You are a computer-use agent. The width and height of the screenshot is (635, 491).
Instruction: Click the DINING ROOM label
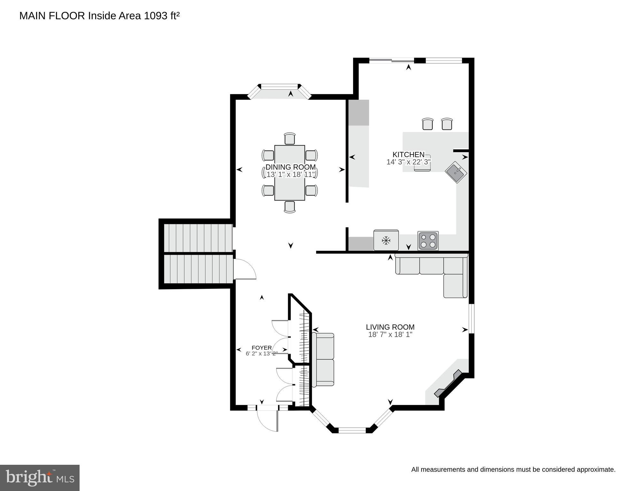(x=290, y=167)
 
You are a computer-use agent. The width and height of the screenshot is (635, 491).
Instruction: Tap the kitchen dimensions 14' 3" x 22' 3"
(x=408, y=162)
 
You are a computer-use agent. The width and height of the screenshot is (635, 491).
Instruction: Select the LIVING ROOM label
(x=390, y=327)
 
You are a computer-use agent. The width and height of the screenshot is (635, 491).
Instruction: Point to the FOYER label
(x=261, y=348)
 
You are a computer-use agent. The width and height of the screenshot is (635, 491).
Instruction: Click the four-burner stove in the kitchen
(x=428, y=241)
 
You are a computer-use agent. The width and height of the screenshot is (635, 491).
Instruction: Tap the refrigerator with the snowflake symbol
(x=386, y=240)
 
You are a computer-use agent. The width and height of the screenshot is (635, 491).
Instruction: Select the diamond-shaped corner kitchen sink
(x=456, y=172)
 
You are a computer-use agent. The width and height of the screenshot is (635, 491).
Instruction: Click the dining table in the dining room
(x=290, y=173)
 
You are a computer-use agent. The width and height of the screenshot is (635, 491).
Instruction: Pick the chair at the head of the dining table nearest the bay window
(x=290, y=139)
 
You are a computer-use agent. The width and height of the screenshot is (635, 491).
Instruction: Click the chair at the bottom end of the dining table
(x=290, y=207)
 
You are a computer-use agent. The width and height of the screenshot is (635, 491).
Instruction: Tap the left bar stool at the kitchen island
(x=427, y=124)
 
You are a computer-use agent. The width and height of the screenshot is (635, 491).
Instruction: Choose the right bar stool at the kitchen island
(x=447, y=124)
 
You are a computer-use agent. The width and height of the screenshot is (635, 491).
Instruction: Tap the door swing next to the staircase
(x=244, y=269)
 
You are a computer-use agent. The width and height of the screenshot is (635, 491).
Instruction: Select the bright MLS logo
(x=40, y=478)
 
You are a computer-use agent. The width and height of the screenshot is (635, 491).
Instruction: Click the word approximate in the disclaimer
(x=596, y=470)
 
